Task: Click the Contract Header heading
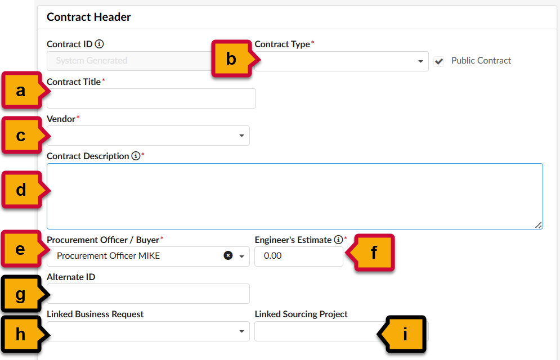(x=89, y=17)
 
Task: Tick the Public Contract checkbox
(x=439, y=61)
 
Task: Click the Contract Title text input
(x=151, y=98)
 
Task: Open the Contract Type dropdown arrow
(x=420, y=61)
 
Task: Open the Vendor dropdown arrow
(x=241, y=136)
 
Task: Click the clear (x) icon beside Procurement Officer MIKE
(x=228, y=255)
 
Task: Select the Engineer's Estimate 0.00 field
(x=298, y=256)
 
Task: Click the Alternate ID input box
(x=147, y=294)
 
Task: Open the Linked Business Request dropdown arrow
(x=241, y=331)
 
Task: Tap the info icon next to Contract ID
(x=100, y=44)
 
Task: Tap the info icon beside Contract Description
(x=136, y=156)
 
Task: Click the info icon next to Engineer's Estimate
(x=338, y=240)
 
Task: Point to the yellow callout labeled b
(x=231, y=58)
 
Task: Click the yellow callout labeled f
(x=373, y=253)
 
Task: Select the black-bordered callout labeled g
(x=21, y=294)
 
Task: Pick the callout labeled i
(x=405, y=334)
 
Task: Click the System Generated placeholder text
(x=92, y=61)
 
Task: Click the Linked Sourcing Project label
(x=301, y=314)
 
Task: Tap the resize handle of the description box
(x=539, y=225)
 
